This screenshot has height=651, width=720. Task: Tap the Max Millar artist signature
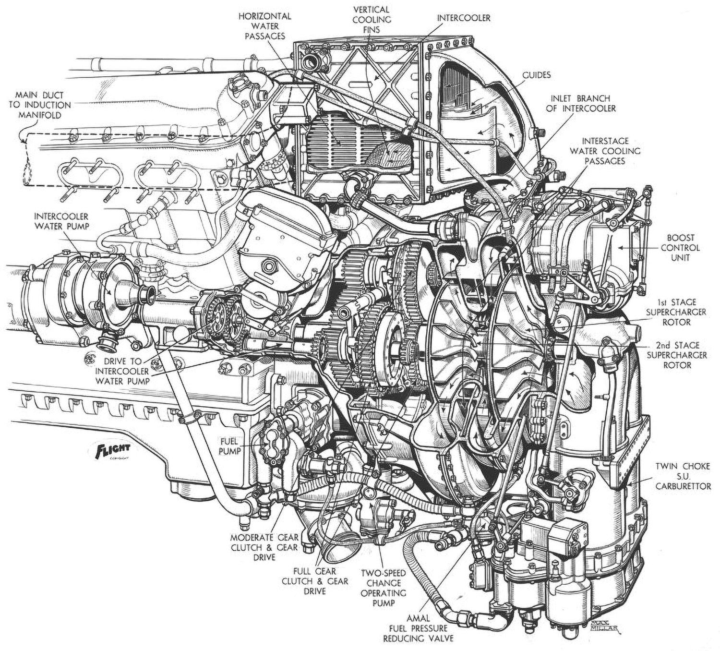click(x=603, y=627)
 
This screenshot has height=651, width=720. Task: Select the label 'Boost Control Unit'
click(x=680, y=248)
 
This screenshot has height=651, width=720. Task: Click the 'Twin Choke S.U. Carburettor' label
click(x=683, y=476)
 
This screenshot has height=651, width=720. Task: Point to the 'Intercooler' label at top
click(x=464, y=18)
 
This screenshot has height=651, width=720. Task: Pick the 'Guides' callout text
click(x=536, y=75)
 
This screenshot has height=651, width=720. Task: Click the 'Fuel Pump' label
click(x=229, y=446)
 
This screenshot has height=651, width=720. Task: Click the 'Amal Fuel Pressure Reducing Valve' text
click(x=418, y=628)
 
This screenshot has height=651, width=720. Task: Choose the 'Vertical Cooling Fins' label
click(x=372, y=20)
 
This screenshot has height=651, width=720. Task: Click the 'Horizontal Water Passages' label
click(x=265, y=26)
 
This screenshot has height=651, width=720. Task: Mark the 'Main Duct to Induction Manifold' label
click(x=39, y=105)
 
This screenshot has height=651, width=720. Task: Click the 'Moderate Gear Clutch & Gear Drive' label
click(x=264, y=547)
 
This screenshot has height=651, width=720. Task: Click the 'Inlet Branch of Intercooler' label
click(x=581, y=104)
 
